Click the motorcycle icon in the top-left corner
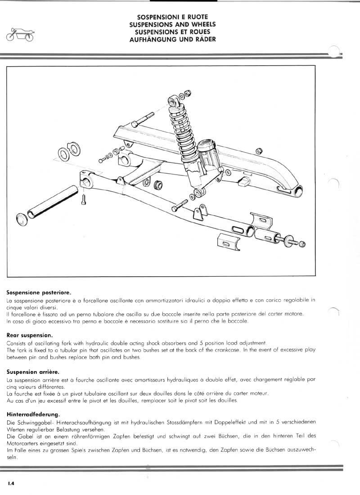click(x=19, y=35)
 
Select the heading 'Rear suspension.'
click(x=30, y=335)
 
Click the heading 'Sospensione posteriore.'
click(x=39, y=292)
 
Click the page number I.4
click(x=11, y=483)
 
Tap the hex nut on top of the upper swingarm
click(x=259, y=150)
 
